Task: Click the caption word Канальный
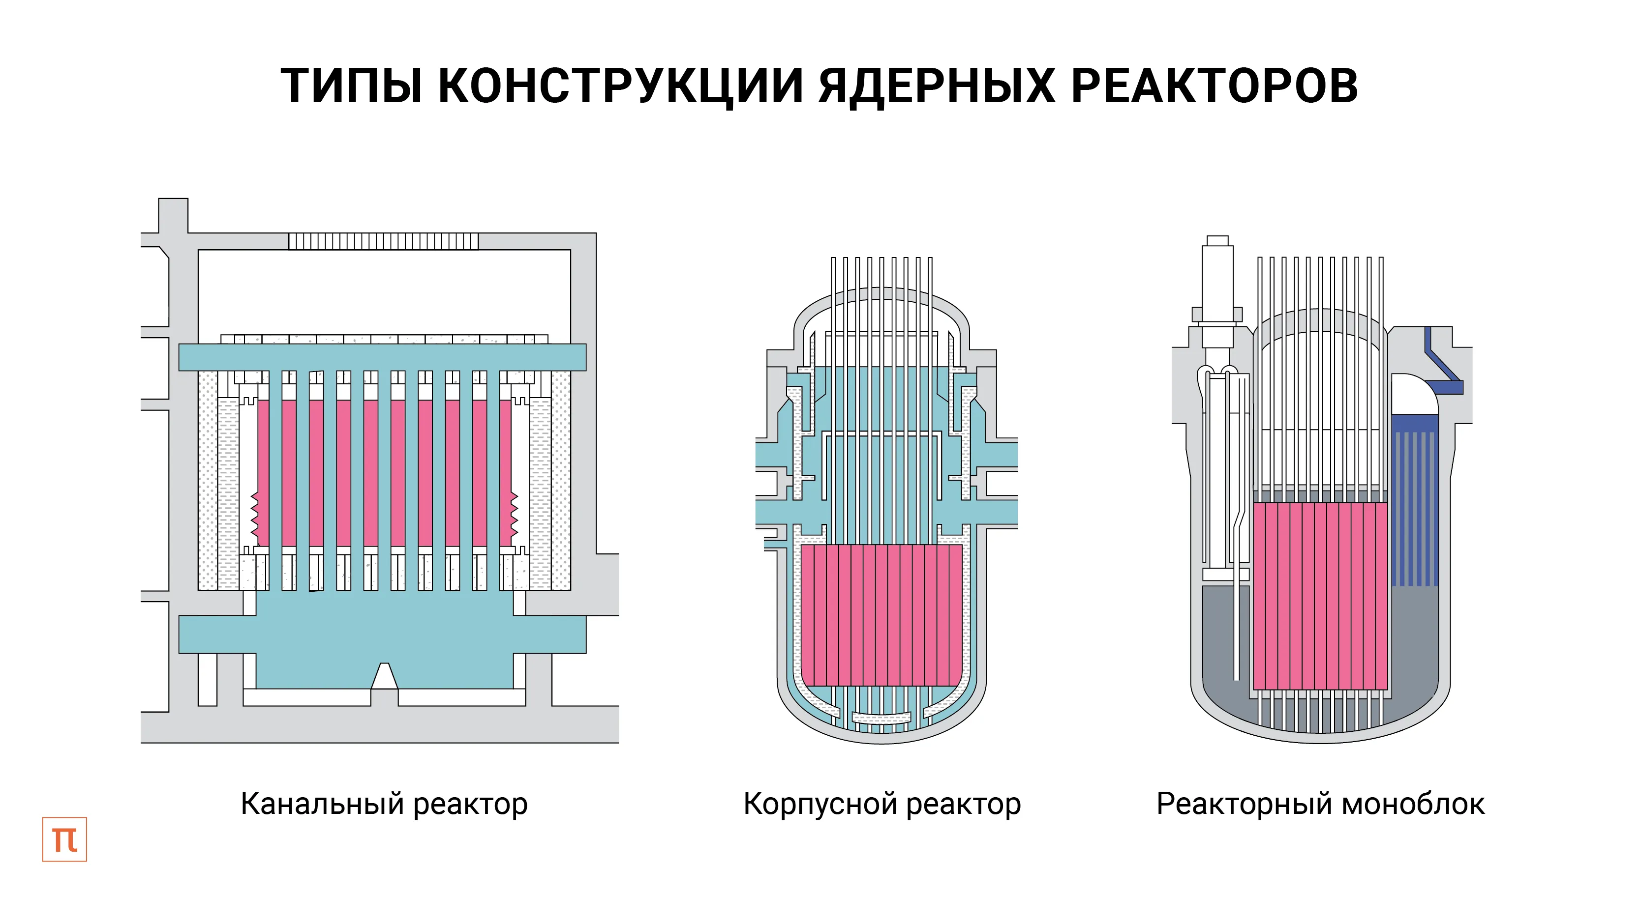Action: tap(323, 804)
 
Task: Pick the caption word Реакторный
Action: tap(1245, 804)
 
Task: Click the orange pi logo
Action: tap(64, 840)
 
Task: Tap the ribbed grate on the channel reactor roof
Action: tap(383, 241)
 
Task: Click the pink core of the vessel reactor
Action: tap(881, 614)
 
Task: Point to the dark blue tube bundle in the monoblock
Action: tap(1415, 503)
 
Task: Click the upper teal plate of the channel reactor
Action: tap(382, 357)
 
